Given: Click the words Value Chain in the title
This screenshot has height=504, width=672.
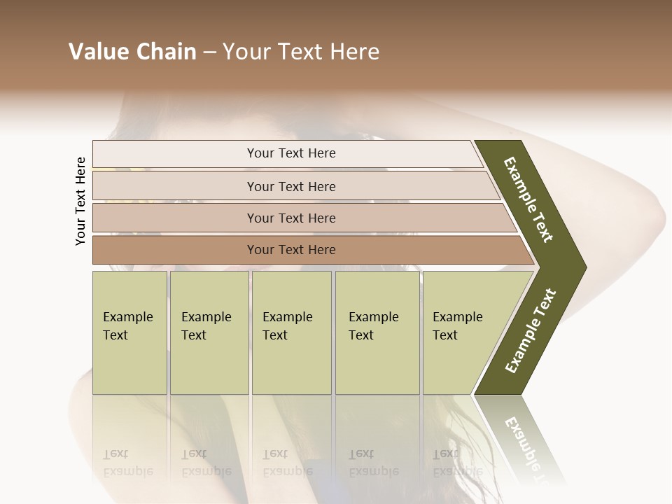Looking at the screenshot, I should point(132,52).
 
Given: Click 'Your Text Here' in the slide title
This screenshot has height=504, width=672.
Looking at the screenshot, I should point(301,52).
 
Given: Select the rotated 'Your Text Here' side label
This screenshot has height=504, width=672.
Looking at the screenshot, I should point(80,201).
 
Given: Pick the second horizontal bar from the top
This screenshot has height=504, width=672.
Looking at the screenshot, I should point(291,186).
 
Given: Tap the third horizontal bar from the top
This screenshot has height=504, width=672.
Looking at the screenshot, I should point(291,218).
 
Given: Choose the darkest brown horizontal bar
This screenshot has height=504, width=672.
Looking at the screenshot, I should point(291,250).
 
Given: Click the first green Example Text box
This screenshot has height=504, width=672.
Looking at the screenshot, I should point(129,332).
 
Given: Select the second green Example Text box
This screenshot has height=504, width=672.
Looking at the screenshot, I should point(209,332).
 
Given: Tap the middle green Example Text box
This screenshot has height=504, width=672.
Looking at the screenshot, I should point(291,332).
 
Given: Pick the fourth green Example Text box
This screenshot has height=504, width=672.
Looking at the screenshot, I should point(377,332).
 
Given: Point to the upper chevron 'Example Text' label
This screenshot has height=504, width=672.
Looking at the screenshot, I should point(529,200).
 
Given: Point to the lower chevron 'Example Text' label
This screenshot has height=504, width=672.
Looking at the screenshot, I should point(531,331).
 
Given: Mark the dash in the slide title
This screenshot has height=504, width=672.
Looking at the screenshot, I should point(209,52).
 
